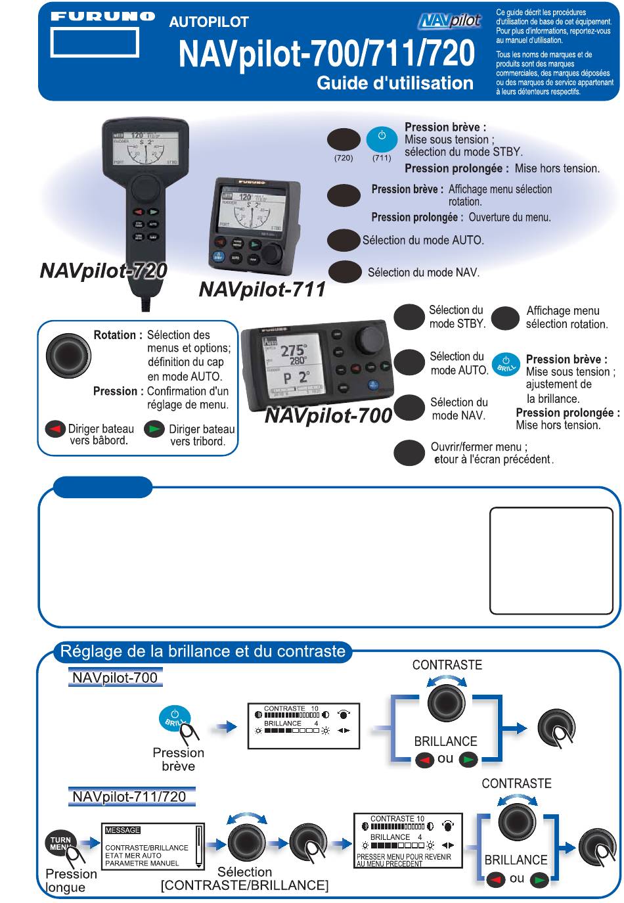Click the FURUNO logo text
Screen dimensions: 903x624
[x=103, y=16]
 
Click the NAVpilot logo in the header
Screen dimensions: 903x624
[x=449, y=21]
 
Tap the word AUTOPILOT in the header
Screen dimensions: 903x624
[x=209, y=22]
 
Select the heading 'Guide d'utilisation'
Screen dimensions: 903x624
[x=395, y=83]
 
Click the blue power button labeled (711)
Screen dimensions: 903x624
[x=381, y=139]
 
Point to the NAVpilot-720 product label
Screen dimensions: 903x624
[x=103, y=271]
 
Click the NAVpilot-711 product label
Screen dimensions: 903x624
[x=262, y=290]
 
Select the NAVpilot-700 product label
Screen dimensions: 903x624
[x=328, y=416]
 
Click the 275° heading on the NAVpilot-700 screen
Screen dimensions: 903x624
[x=294, y=350]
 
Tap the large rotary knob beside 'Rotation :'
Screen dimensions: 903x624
[x=68, y=356]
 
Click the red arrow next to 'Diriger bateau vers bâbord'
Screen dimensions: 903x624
[x=55, y=429]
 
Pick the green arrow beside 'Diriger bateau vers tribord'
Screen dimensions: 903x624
[x=155, y=429]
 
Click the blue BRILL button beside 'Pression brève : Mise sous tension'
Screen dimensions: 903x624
[x=505, y=365]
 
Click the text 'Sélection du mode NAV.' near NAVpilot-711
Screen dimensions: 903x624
[x=423, y=272]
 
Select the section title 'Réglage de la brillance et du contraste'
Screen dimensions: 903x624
[x=202, y=652]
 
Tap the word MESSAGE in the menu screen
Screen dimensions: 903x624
[x=123, y=830]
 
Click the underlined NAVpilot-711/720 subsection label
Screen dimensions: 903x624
[x=129, y=797]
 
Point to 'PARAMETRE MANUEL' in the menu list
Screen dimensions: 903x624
[x=142, y=863]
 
